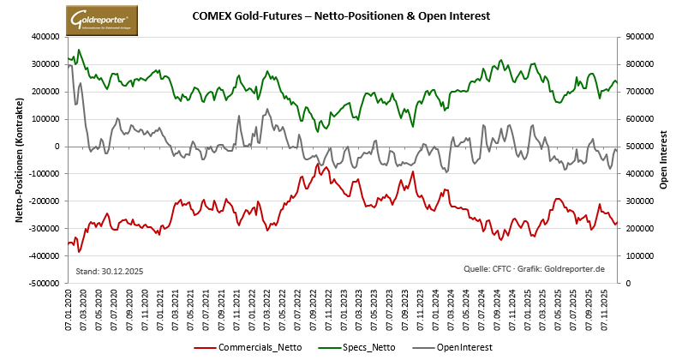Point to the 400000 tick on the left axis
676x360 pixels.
click(x=45, y=37)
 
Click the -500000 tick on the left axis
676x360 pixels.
click(x=43, y=284)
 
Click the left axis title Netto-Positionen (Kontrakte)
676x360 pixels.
click(x=18, y=159)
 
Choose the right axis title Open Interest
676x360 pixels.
click(x=663, y=159)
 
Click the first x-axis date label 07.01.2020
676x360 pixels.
click(x=69, y=311)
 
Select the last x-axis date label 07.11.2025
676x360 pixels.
click(x=607, y=311)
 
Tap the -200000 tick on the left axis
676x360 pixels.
click(x=43, y=201)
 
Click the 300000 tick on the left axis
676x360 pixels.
click(x=45, y=64)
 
